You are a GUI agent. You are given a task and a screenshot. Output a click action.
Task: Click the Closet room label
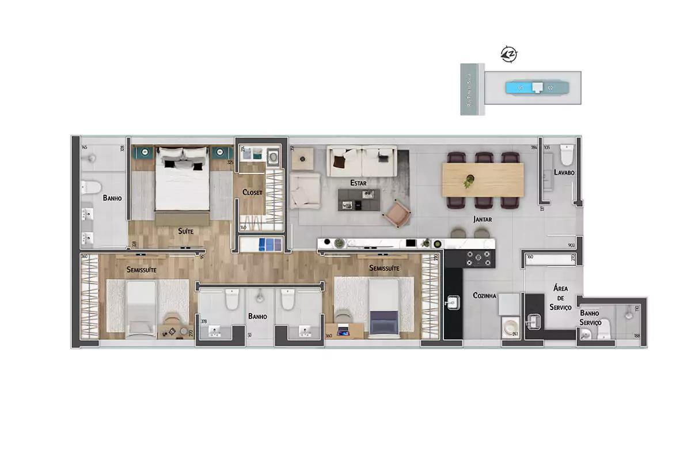253,192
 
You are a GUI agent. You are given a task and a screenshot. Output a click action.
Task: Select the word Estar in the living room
359,183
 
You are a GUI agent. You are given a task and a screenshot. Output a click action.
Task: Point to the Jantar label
482,219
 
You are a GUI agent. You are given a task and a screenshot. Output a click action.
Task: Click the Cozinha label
484,296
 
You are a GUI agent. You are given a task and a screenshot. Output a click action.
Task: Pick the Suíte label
185,231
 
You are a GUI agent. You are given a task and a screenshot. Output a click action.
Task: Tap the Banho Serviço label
591,318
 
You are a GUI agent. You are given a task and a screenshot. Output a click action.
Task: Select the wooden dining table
483,179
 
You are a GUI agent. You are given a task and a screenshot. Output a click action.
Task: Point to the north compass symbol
509,54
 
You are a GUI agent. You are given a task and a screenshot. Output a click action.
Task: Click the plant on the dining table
468,182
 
